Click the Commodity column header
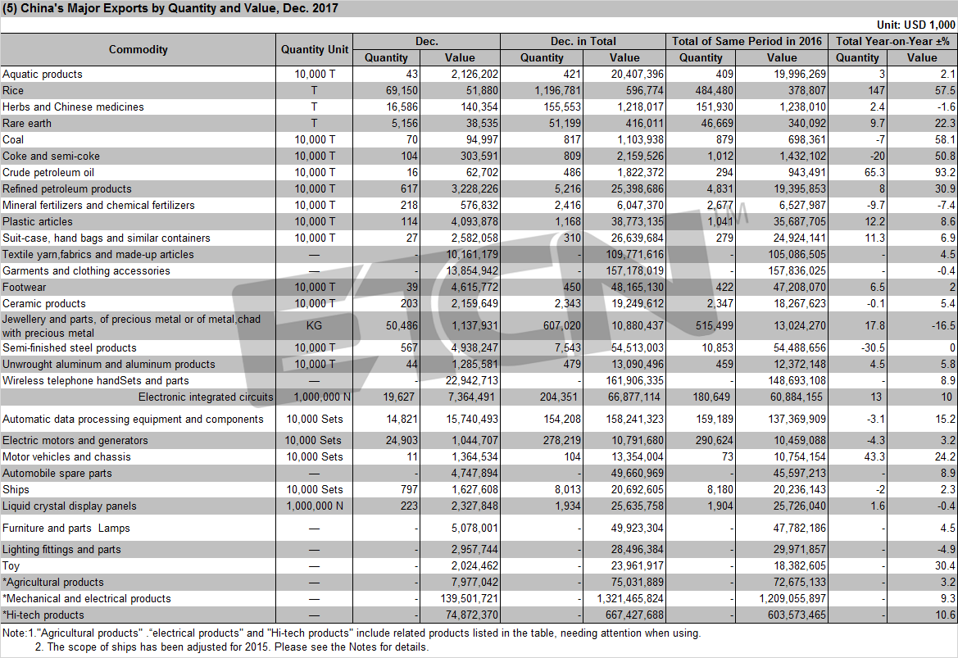(x=138, y=49)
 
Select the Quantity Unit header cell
(x=315, y=49)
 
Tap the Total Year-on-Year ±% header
(x=892, y=41)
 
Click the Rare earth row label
(x=27, y=123)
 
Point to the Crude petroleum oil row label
(x=48, y=172)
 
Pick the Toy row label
(x=11, y=565)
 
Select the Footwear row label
(x=25, y=287)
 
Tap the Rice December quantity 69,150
(x=402, y=90)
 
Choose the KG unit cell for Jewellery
(x=314, y=325)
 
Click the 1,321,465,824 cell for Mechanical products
(x=630, y=599)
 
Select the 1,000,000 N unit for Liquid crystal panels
(x=315, y=506)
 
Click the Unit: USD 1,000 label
(x=916, y=25)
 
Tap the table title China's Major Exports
(x=170, y=8)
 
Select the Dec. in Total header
(x=583, y=41)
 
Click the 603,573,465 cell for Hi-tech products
(x=797, y=615)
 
